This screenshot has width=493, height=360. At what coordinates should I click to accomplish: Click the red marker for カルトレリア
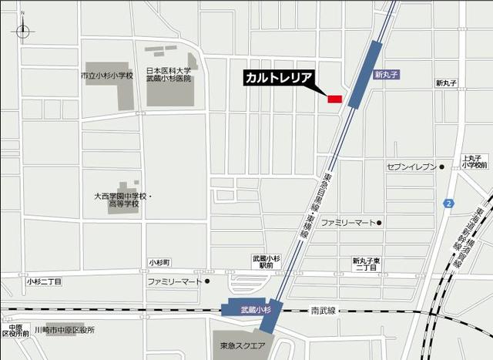[x=334, y=99]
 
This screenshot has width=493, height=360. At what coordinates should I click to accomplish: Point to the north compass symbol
[x=22, y=31]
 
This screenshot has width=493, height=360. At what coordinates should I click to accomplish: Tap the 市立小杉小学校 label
[x=107, y=76]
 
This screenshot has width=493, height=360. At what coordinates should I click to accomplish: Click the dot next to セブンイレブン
[x=442, y=166]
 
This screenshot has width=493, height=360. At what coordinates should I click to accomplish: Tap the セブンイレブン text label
[x=411, y=166]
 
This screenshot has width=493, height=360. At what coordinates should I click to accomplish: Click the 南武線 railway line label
[x=324, y=311]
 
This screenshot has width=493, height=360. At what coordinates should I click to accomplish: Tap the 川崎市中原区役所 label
[x=69, y=330]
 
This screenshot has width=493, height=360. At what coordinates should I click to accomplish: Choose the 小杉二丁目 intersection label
[x=44, y=282]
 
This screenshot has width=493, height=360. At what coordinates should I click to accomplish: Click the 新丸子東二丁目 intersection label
[x=365, y=264]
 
